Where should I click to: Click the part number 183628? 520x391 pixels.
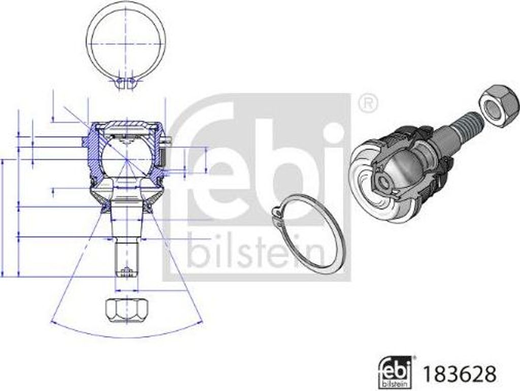[459, 374]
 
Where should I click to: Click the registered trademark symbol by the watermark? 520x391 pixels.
[368, 104]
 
